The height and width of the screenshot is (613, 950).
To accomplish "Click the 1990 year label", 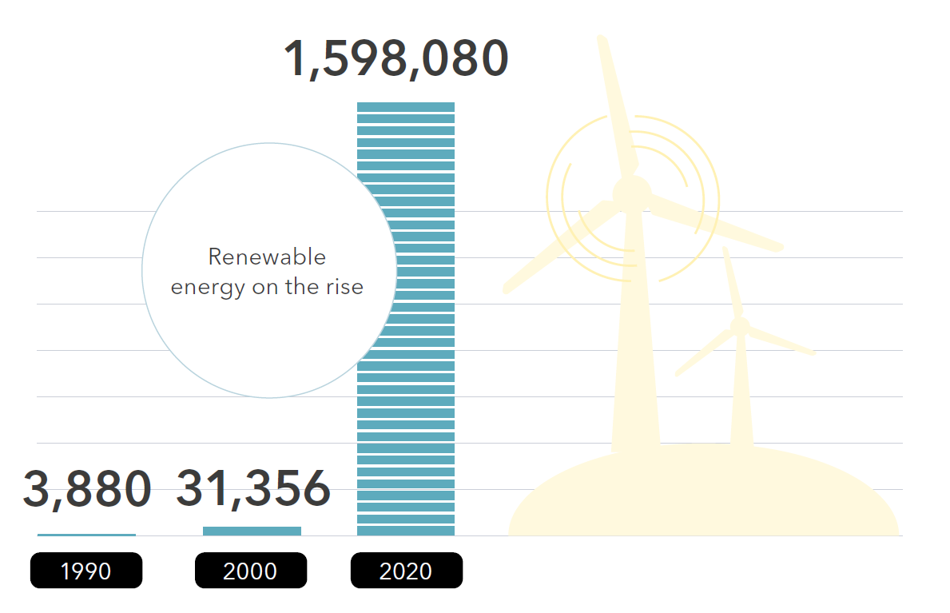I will click(86, 571).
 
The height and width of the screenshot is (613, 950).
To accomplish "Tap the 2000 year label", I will click(250, 571).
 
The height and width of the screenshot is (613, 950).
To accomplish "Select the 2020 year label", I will click(406, 571).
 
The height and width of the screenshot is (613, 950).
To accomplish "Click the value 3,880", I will click(86, 489).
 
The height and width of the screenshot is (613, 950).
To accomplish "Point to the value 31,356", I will click(252, 489).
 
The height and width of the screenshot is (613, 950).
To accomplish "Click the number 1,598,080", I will click(396, 59).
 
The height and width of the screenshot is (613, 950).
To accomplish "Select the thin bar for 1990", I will click(86, 534).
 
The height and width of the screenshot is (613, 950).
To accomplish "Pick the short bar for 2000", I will click(252, 531).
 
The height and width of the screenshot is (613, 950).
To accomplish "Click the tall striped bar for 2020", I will click(406, 320).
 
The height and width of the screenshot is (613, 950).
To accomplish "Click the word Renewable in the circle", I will click(267, 257).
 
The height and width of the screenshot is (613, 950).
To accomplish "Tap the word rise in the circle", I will click(345, 287).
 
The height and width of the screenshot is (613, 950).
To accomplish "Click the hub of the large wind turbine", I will click(632, 193).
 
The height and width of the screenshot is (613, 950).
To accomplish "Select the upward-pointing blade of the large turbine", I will click(616, 104).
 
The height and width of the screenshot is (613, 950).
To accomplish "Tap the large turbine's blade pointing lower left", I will click(559, 248).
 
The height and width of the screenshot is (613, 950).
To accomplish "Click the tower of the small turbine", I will click(741, 392).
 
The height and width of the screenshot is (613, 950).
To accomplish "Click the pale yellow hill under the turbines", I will click(703, 496).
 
